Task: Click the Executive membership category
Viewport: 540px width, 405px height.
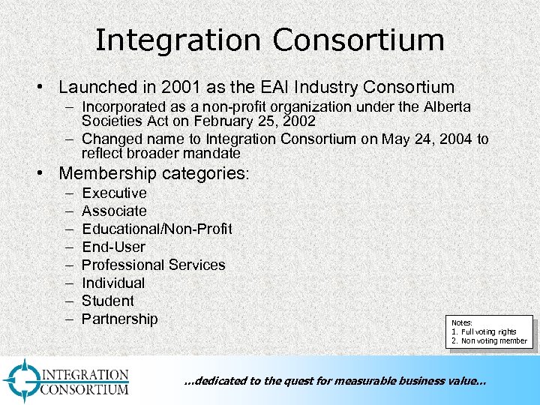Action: point(114,193)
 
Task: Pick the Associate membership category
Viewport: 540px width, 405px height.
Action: point(114,211)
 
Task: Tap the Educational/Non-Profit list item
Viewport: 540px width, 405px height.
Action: point(157,229)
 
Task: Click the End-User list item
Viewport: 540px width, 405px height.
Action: point(113,247)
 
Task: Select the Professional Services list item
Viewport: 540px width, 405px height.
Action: point(153,265)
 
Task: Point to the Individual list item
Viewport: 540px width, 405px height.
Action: point(113,283)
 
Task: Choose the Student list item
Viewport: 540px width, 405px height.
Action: point(108,301)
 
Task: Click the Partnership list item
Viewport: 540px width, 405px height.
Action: point(119,319)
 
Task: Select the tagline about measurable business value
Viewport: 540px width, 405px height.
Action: point(334,381)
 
